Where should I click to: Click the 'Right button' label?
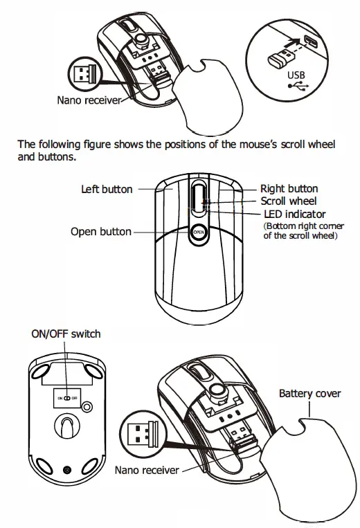pos(289,188)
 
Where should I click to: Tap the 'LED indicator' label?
pos(294,214)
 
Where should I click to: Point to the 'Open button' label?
pos(100,231)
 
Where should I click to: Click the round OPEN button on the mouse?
pos(198,233)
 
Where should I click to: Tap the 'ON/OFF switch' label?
pos(66,334)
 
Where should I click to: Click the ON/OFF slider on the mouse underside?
pos(65,399)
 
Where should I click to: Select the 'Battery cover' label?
pos(309,393)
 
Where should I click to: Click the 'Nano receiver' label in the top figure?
pos(89,100)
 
